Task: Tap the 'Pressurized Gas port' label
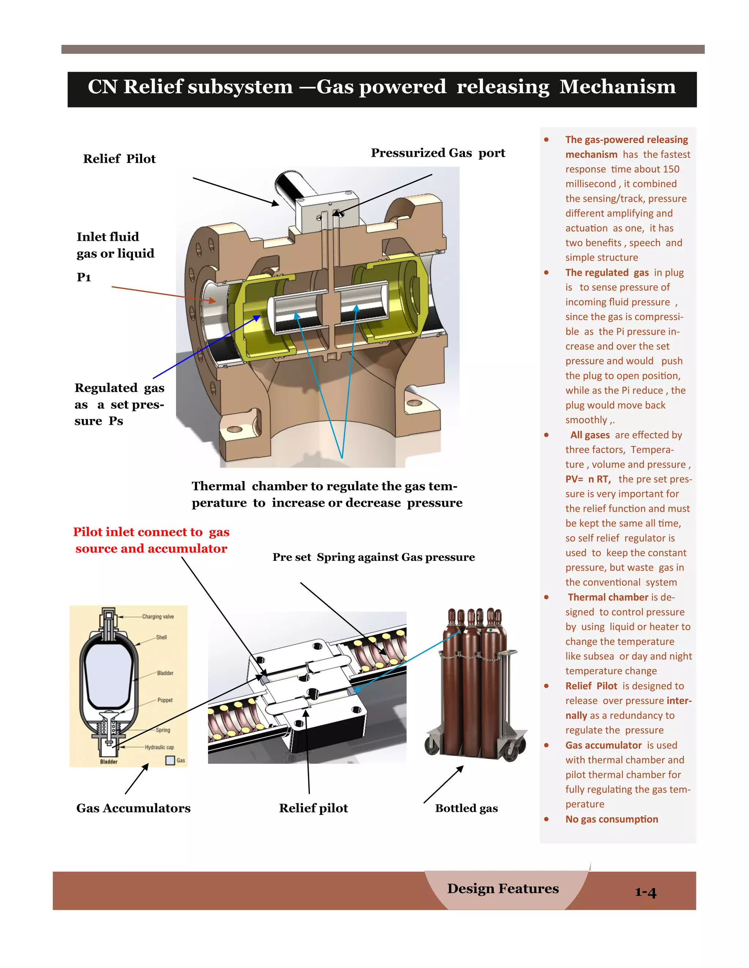pyautogui.click(x=437, y=153)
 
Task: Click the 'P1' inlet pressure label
pyautogui.click(x=84, y=278)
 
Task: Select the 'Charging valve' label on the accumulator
pyautogui.click(x=158, y=617)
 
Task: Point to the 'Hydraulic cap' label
pyautogui.click(x=159, y=747)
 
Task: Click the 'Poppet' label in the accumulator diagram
pyautogui.click(x=165, y=700)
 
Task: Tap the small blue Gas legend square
pyautogui.click(x=170, y=760)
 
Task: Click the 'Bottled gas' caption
pyautogui.click(x=466, y=808)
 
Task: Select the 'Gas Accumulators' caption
pyautogui.click(x=133, y=808)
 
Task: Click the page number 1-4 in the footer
pyautogui.click(x=645, y=892)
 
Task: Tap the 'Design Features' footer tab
pyautogui.click(x=503, y=888)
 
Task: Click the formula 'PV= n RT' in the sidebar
pyautogui.click(x=587, y=479)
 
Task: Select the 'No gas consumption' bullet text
pyautogui.click(x=611, y=819)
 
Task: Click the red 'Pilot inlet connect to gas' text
pyautogui.click(x=151, y=532)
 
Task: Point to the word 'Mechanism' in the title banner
pyautogui.click(x=617, y=87)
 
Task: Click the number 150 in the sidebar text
pyautogui.click(x=671, y=169)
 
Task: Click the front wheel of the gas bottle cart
pyautogui.click(x=510, y=750)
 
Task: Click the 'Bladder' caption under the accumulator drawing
pyautogui.click(x=109, y=762)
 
